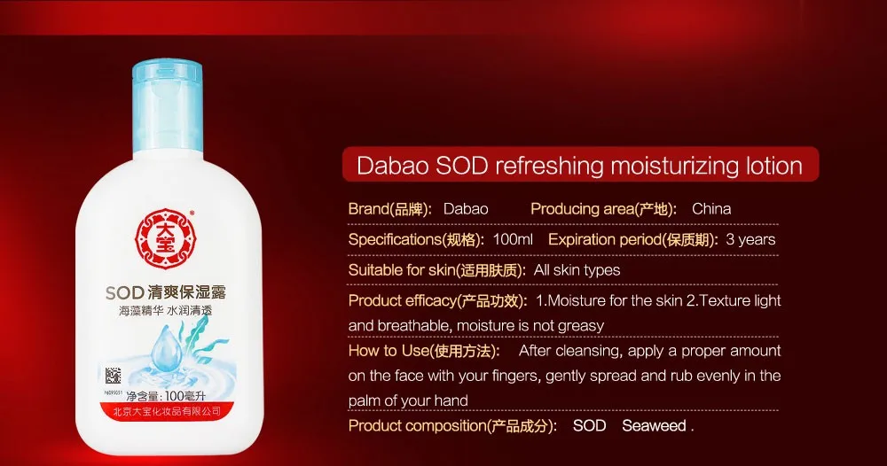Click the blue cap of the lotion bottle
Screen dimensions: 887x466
click(x=168, y=109)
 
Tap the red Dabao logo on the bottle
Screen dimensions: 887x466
click(x=165, y=239)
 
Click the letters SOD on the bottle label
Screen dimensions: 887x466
click(x=124, y=292)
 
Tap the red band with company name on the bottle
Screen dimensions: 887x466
click(x=168, y=412)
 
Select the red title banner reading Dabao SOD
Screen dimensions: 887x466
click(x=580, y=165)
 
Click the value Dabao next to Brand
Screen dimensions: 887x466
click(x=466, y=209)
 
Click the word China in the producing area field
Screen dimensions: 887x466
click(x=711, y=209)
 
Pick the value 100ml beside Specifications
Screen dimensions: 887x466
click(x=513, y=239)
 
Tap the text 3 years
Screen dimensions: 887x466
click(x=750, y=239)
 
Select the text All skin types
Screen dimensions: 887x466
click(x=577, y=270)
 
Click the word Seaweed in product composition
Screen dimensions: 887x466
click(x=654, y=426)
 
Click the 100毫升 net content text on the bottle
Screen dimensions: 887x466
click(x=185, y=395)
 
